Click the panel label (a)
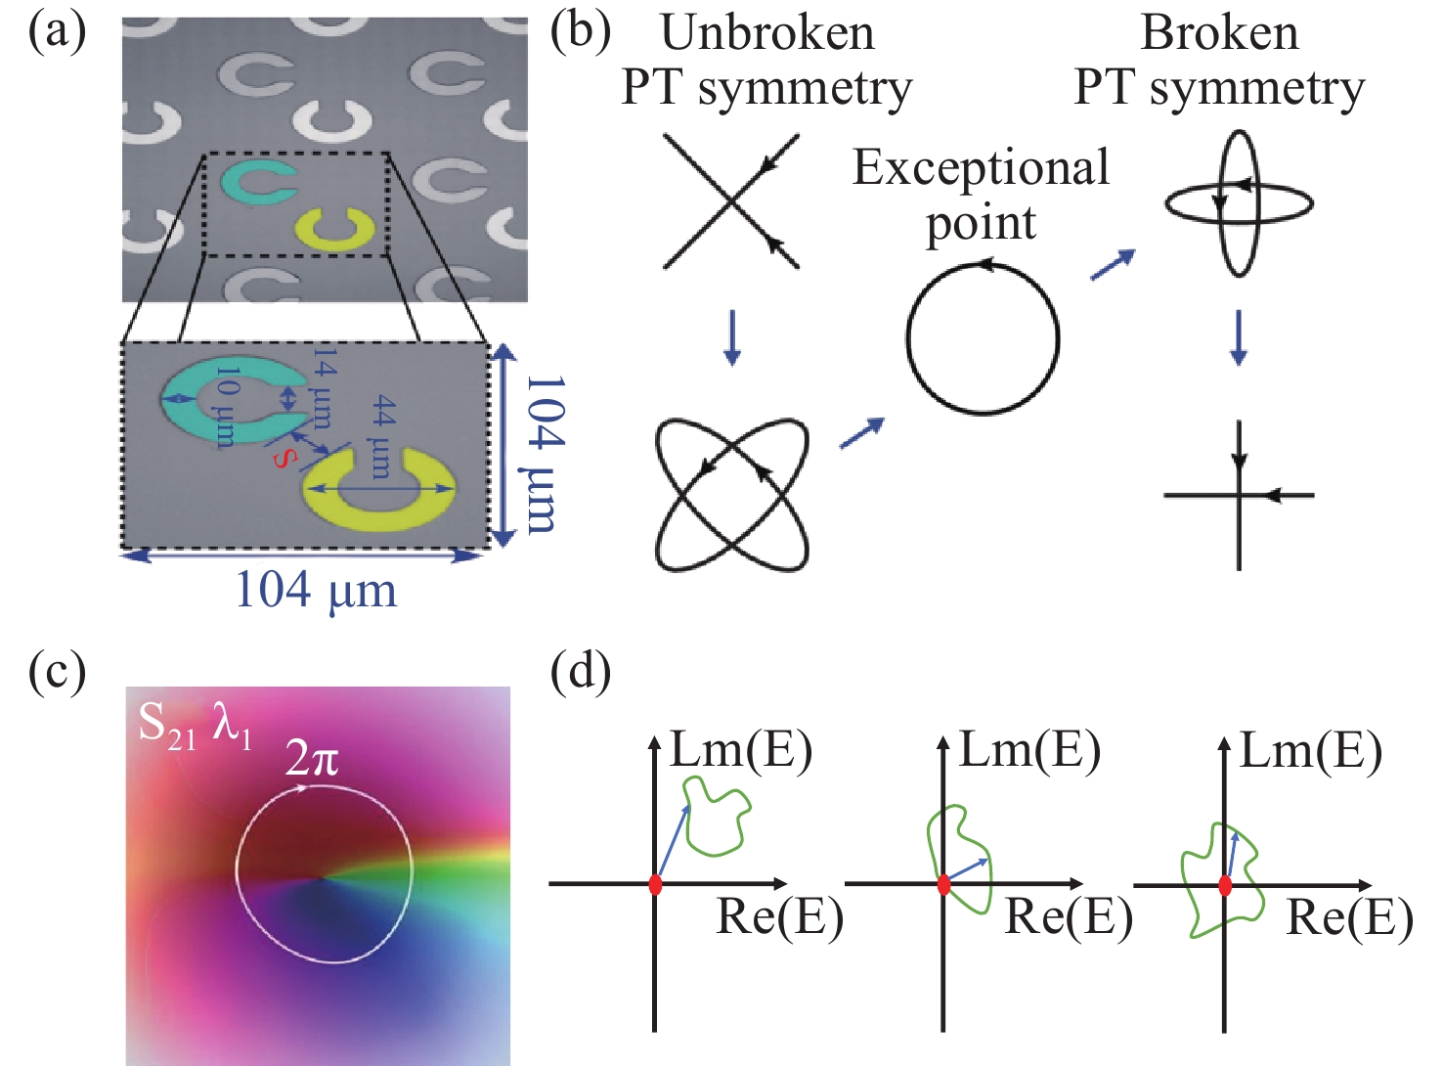tap(57, 31)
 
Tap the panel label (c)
tap(57, 672)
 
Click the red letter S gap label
tap(283, 458)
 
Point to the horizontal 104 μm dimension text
tap(316, 590)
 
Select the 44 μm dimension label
tap(382, 435)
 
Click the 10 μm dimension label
tap(225, 407)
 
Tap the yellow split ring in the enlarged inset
tap(380, 489)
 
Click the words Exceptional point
tap(981, 194)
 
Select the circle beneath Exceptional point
tap(983, 338)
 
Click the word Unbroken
tap(767, 33)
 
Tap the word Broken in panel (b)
tap(1219, 33)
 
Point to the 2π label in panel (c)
tap(312, 757)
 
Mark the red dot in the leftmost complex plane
tap(655, 884)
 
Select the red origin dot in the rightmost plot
tap(1225, 885)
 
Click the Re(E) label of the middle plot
tap(1069, 917)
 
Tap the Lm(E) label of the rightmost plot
tap(1311, 751)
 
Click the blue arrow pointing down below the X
tap(730, 338)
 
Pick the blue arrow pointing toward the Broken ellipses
tap(1113, 264)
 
